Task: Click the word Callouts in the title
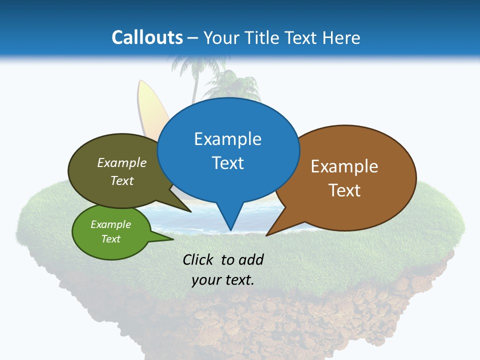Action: (147, 37)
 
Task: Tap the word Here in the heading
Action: (341, 37)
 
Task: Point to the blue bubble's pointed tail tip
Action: (230, 230)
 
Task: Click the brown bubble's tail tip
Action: (267, 235)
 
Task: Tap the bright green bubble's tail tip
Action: (172, 239)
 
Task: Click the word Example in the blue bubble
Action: (227, 139)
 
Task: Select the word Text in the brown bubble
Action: (344, 190)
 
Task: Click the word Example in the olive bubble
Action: (122, 163)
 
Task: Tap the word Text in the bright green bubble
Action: (111, 239)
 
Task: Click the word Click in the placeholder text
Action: (198, 259)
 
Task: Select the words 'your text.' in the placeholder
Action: (223, 280)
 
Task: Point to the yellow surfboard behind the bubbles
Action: (148, 107)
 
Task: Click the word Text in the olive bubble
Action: (122, 180)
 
